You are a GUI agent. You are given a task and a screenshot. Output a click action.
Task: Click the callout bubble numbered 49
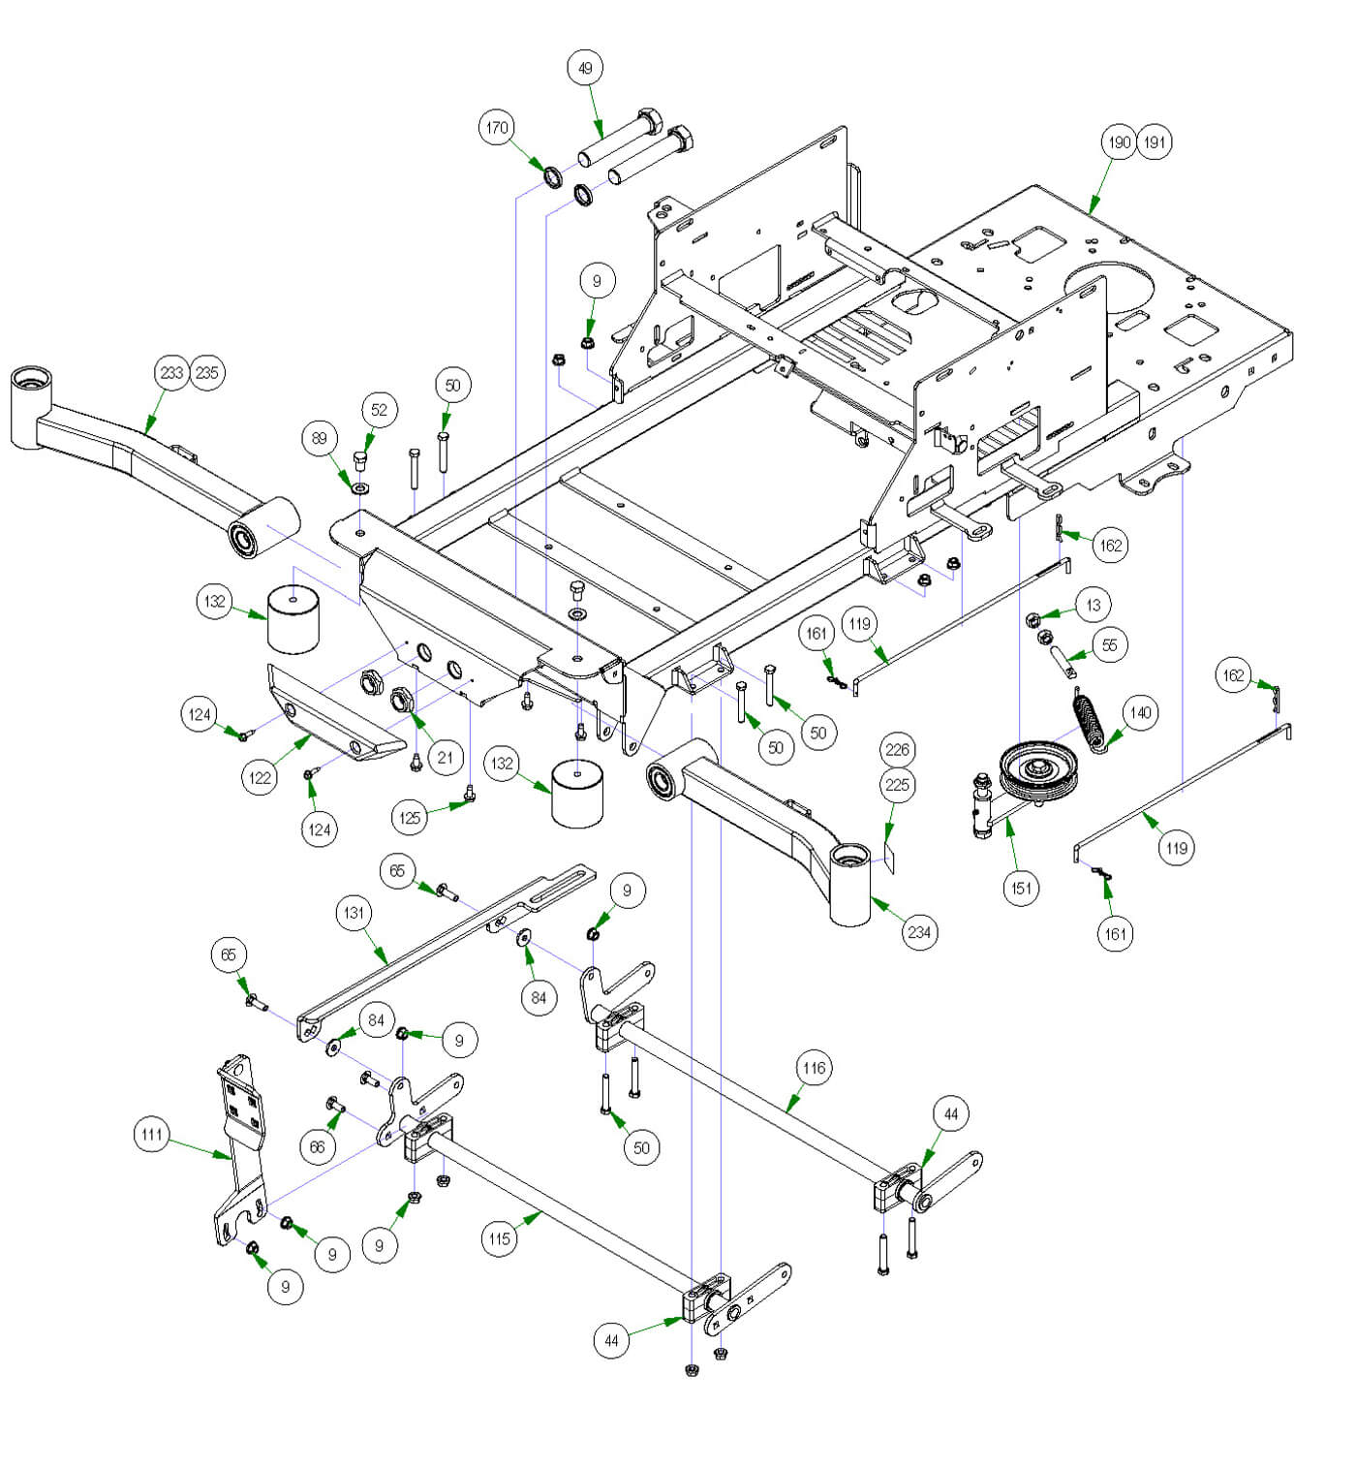(585, 68)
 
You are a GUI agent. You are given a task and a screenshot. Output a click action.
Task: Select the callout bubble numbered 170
(497, 127)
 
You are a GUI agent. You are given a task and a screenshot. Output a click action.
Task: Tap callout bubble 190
(1119, 142)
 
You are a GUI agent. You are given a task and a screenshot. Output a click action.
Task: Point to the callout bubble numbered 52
(379, 409)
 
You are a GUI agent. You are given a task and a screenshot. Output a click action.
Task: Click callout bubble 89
(320, 438)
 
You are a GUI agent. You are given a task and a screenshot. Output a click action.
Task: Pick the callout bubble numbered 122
(261, 777)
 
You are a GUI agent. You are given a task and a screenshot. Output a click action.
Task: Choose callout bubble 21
(445, 757)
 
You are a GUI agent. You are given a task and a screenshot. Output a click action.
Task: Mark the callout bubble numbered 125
(410, 818)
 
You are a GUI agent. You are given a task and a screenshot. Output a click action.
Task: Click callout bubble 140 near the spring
(1141, 712)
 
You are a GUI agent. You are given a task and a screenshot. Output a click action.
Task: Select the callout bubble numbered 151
(1022, 888)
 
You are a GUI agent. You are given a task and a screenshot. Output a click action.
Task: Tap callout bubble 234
(918, 932)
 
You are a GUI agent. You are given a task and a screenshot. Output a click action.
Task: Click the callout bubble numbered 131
(354, 912)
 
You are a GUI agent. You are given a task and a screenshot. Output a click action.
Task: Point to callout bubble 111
(151, 1134)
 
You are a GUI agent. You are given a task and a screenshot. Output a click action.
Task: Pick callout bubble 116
(814, 1068)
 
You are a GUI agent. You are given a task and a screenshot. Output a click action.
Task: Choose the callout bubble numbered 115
(499, 1238)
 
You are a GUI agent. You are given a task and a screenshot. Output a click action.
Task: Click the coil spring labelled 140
(1092, 718)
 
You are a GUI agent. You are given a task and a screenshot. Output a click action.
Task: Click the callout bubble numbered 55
(1110, 644)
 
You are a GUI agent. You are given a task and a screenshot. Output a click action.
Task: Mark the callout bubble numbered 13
(1094, 605)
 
